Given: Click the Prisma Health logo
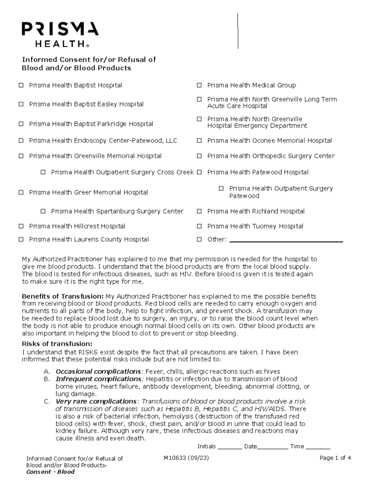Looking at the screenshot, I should point(60,34).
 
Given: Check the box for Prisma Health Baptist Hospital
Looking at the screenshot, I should point(21,85).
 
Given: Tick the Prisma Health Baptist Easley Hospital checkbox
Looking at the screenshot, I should point(21,104).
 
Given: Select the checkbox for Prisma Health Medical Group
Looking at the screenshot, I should point(199,85).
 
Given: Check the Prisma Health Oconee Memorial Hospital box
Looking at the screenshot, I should point(199,141).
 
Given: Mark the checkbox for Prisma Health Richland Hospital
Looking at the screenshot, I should point(199,211).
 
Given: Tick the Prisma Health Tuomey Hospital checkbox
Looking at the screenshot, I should point(199,226).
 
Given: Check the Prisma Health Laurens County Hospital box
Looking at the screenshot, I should point(21,239).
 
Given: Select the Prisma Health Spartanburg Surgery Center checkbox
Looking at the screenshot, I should point(43,211).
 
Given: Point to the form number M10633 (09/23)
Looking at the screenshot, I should point(186,458).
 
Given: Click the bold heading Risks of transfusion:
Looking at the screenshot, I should point(57,344).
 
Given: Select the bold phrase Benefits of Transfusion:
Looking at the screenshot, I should point(63,296).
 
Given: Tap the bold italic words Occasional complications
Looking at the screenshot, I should point(98,371).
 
